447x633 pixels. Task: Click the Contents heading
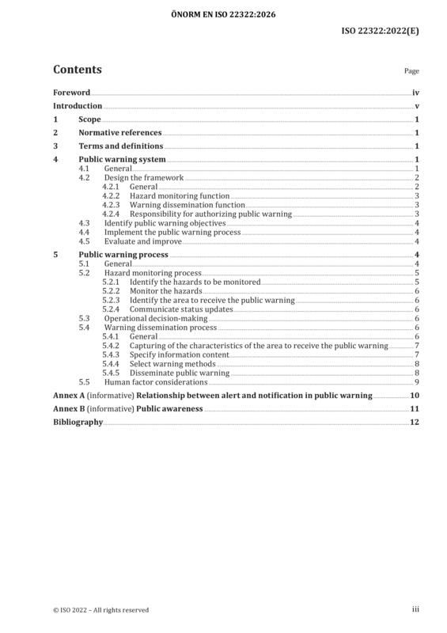click(78, 70)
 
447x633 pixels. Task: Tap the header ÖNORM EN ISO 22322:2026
click(223, 14)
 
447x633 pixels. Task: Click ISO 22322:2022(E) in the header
click(380, 31)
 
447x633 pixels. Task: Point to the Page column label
click(411, 71)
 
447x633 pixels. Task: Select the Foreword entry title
click(71, 93)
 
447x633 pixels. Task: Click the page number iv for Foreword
click(416, 93)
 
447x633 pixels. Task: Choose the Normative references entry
click(120, 132)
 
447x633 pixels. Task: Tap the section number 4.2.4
click(111, 214)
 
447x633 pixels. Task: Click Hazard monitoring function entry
click(180, 195)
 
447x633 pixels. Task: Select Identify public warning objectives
click(165, 223)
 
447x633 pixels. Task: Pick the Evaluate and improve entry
click(143, 241)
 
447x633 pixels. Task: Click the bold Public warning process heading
click(123, 255)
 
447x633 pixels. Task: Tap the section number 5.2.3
click(111, 301)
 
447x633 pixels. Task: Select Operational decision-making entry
click(156, 319)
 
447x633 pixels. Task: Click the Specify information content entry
click(180, 354)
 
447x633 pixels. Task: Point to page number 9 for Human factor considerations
click(417, 382)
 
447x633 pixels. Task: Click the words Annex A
click(69, 396)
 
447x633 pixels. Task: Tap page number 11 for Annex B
click(415, 409)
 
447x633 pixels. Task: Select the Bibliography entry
click(78, 423)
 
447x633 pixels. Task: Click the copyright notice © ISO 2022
click(70, 610)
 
